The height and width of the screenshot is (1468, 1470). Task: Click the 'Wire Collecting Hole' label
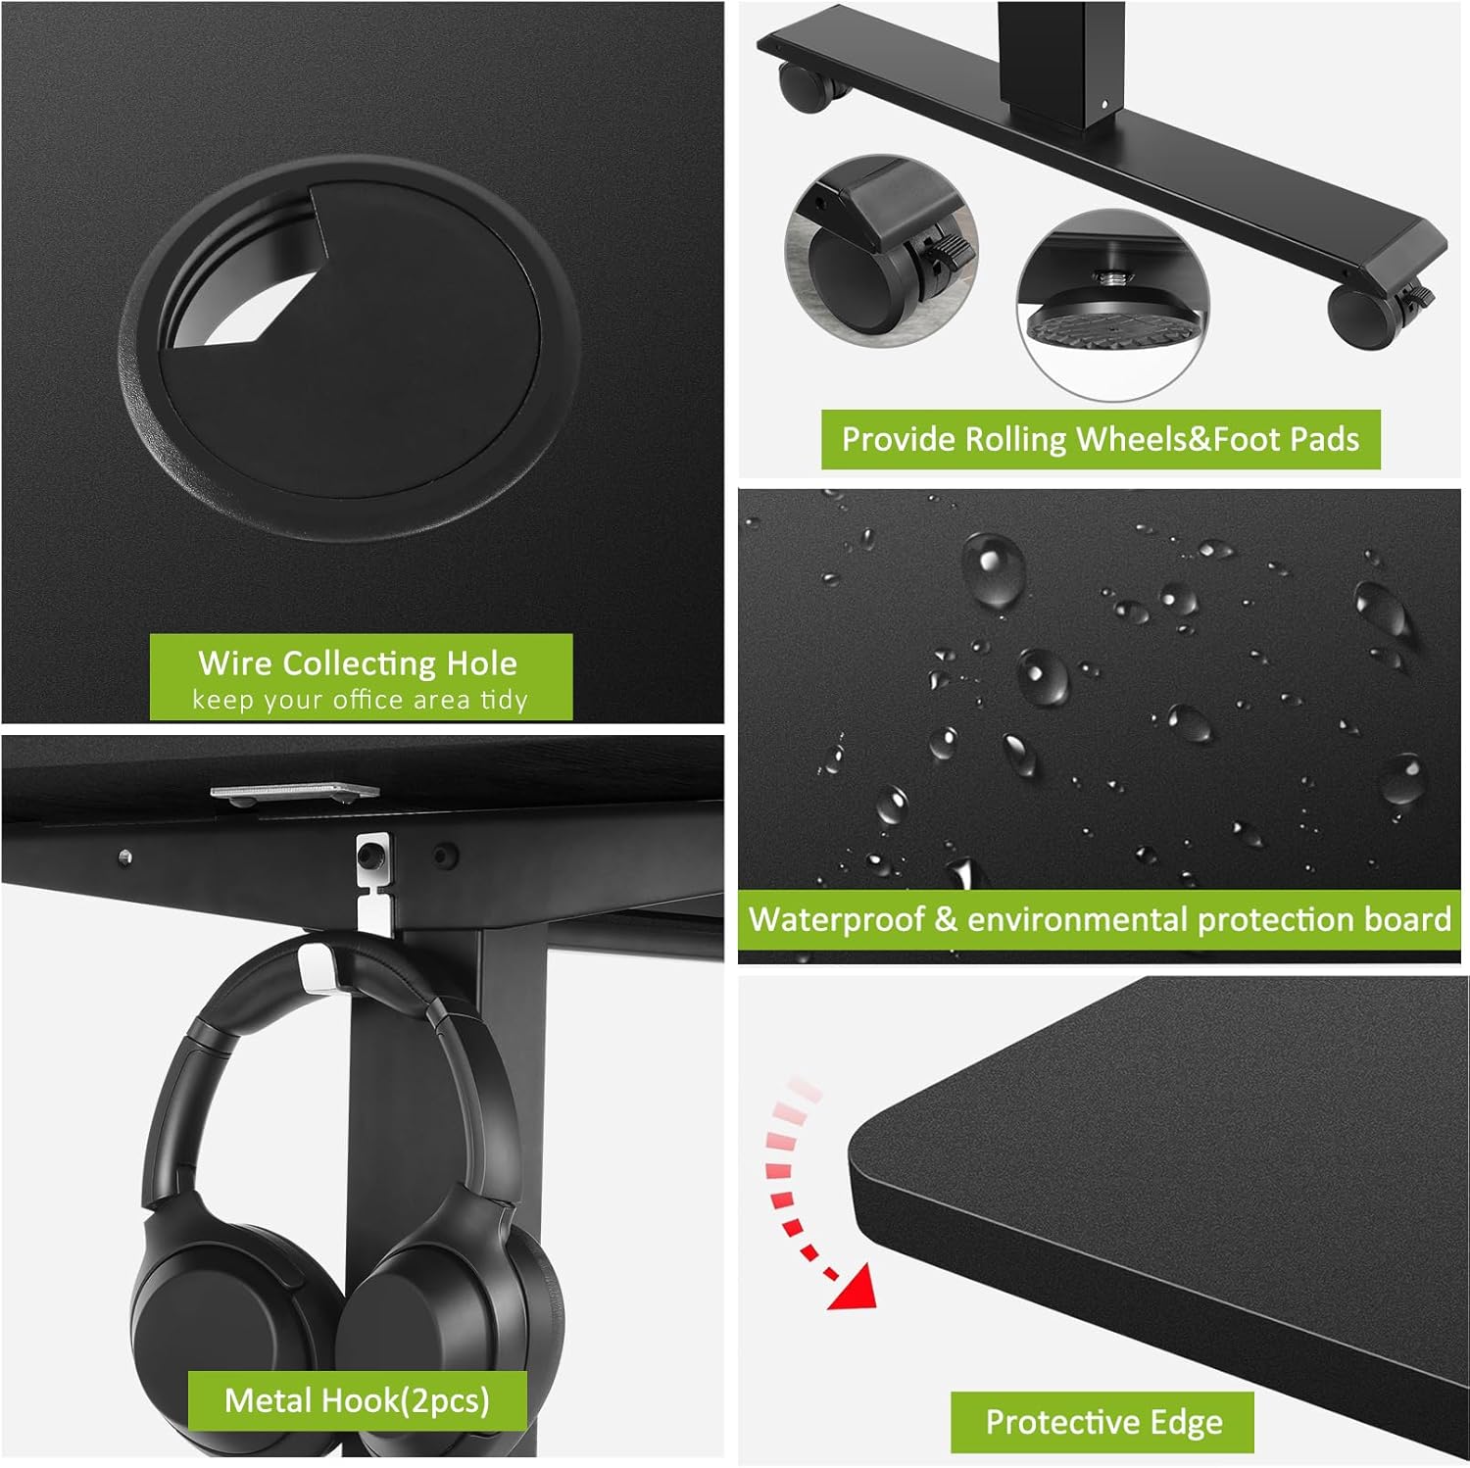pos(358,663)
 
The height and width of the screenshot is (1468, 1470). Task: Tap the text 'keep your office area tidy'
pos(360,700)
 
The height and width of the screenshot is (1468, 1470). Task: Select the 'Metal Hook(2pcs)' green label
pos(358,1400)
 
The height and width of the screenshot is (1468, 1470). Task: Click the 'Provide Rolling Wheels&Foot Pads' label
pos(1101,439)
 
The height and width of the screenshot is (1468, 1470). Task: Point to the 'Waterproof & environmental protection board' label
pos(1100,919)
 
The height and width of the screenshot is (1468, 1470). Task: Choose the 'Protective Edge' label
pos(1103,1422)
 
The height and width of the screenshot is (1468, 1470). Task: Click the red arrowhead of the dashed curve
pos(851,1286)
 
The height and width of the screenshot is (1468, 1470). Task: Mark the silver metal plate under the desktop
pos(294,790)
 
